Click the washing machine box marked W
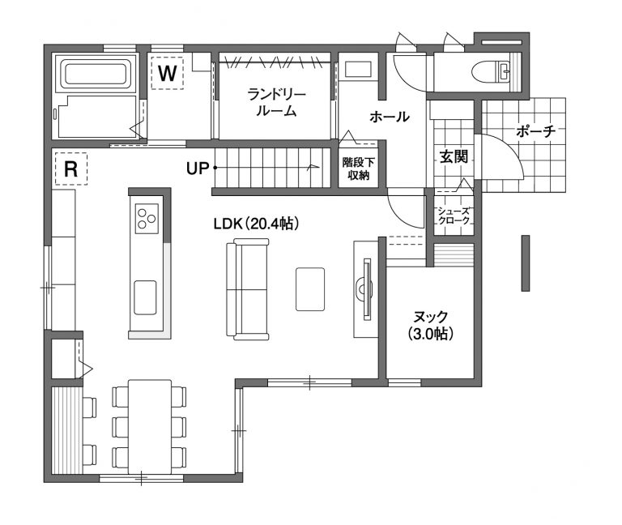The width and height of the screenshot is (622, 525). [167, 73]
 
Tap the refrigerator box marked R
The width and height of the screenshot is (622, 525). [71, 169]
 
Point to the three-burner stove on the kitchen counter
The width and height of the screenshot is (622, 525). [147, 218]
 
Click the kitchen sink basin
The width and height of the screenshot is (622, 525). [145, 297]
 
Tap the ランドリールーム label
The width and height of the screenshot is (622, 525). [276, 103]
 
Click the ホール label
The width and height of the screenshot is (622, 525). [389, 117]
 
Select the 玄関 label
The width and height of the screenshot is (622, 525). [454, 156]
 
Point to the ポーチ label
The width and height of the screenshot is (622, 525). [535, 131]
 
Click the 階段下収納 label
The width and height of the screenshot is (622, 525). [359, 169]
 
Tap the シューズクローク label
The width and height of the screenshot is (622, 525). [454, 216]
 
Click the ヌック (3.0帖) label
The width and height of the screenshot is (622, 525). [430, 326]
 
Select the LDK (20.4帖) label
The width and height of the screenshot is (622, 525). [256, 224]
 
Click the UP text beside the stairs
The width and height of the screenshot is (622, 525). [198, 169]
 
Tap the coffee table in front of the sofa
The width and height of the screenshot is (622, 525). [310, 289]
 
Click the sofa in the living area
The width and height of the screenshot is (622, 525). [248, 289]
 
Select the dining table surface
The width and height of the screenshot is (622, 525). [150, 427]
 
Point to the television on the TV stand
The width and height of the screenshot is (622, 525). [367, 289]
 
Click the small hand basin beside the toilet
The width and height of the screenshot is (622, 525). [505, 72]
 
